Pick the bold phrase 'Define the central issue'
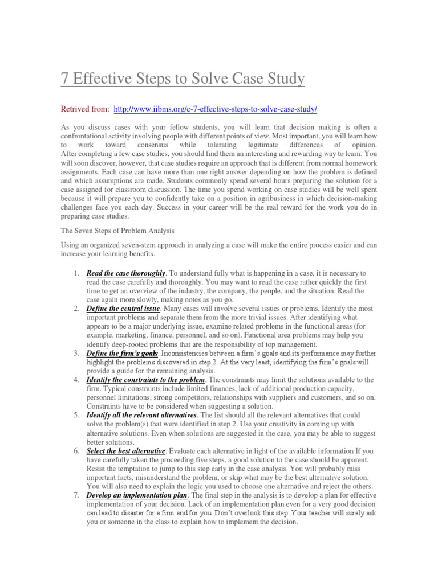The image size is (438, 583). coord(123,308)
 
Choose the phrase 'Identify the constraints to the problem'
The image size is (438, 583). coord(145,379)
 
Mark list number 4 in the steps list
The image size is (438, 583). coord(76,379)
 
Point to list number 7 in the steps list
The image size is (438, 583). coord(76,495)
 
